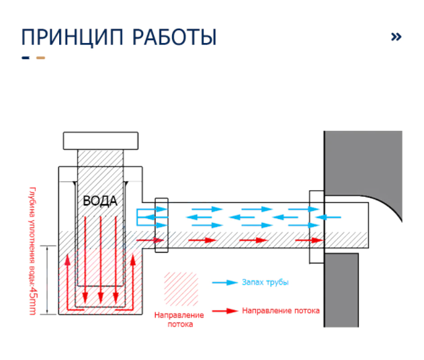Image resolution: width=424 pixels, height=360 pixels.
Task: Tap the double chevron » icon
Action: pos(396,36)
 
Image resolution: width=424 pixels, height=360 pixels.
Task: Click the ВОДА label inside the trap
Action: pos(100,201)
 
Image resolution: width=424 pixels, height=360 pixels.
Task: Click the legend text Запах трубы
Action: pos(265,283)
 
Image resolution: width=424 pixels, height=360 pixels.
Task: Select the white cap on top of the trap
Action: pos(101,140)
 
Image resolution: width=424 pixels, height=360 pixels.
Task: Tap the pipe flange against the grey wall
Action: pos(316,227)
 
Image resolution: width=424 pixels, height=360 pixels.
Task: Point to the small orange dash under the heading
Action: pos(41,58)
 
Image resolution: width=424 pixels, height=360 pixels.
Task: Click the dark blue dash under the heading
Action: pos(26,58)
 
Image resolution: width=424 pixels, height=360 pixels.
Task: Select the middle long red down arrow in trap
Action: pos(101,259)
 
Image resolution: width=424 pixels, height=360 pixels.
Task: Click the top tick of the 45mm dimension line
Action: pos(47,246)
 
